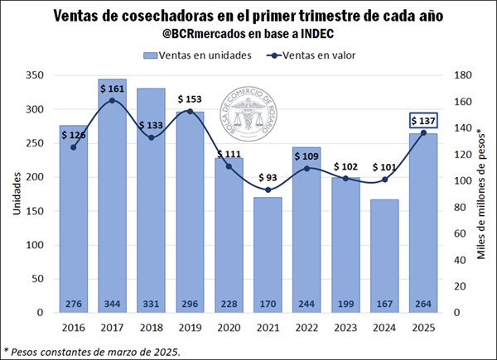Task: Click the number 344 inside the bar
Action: tap(112, 303)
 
